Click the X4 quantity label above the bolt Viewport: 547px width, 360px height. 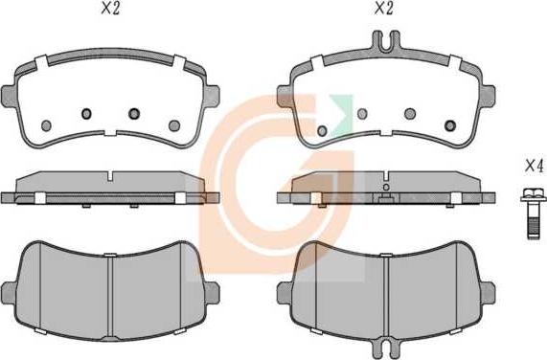point(535,166)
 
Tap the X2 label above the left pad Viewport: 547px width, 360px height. point(110,9)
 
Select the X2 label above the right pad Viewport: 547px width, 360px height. point(384,9)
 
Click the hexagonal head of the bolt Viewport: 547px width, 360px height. point(533,194)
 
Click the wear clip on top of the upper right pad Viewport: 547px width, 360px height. point(386,41)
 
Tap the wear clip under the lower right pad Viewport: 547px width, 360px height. point(385,349)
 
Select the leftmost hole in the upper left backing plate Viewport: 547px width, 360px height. point(46,125)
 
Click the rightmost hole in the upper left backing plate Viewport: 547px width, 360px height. point(174,125)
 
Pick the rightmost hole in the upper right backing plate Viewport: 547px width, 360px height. point(450,125)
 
